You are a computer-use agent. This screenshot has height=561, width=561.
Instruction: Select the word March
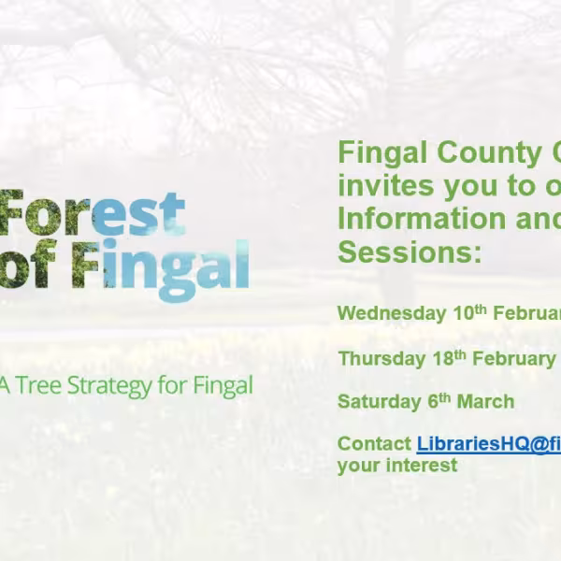click(x=484, y=402)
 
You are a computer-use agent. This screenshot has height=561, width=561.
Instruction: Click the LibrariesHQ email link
click(x=488, y=444)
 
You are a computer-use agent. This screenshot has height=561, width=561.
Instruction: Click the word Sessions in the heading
click(x=410, y=252)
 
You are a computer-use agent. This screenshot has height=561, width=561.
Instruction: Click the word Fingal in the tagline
click(x=221, y=385)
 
